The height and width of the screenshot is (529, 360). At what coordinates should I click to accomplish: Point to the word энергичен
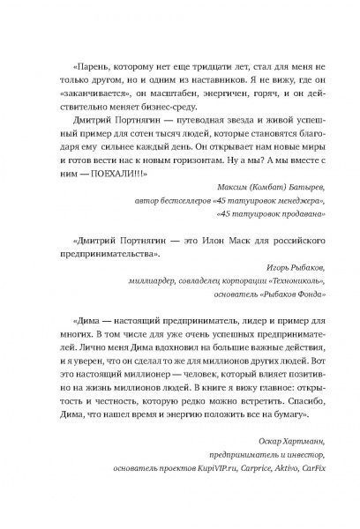pyautogui.click(x=206, y=102)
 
